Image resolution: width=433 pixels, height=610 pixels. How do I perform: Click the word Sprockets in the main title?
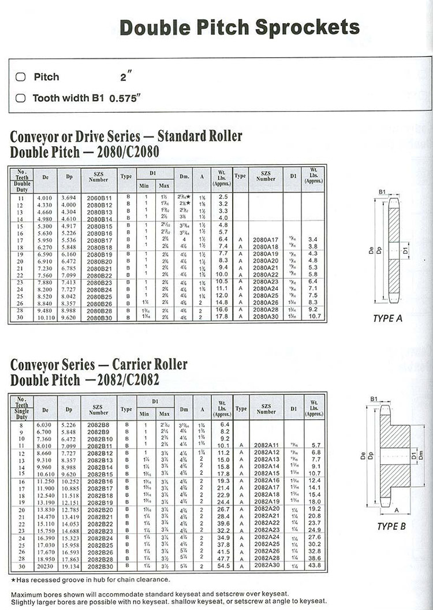[307, 27]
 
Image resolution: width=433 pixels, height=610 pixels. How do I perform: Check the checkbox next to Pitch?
[21, 77]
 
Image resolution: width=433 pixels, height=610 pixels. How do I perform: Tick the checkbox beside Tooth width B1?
[21, 98]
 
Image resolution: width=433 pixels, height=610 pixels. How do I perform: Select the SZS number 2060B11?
[99, 197]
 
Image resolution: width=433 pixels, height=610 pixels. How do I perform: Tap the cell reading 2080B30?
[99, 317]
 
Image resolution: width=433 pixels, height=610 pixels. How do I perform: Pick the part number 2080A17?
[266, 239]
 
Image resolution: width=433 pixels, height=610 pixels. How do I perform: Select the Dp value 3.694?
[69, 197]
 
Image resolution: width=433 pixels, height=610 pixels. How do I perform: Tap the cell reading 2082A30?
[266, 565]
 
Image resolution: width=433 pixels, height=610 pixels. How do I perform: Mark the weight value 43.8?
[314, 565]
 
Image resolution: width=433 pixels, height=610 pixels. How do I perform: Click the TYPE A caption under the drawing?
[388, 319]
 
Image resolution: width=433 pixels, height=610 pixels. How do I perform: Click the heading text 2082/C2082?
[128, 380]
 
